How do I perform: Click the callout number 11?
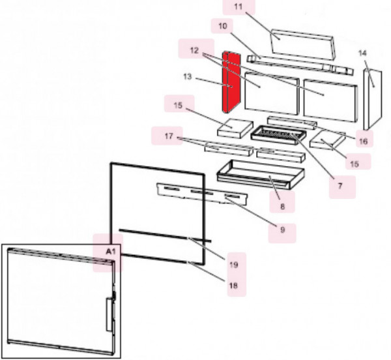(237, 7)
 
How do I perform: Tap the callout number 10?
(222, 26)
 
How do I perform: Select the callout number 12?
(194, 50)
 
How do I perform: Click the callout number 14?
(363, 52)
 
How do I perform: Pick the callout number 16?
(362, 141)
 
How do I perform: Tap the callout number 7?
(339, 186)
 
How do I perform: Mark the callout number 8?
(282, 205)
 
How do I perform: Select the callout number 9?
(282, 230)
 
